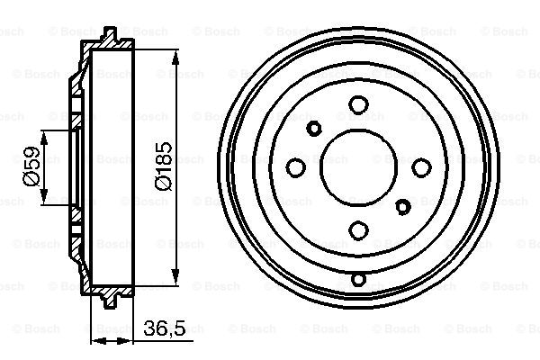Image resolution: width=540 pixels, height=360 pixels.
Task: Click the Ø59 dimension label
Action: tap(30, 167)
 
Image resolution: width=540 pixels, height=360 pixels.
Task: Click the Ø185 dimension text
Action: tap(164, 167)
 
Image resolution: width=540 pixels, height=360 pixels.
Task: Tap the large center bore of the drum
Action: tap(358, 167)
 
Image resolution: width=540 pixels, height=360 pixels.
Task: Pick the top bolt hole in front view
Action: tap(358, 106)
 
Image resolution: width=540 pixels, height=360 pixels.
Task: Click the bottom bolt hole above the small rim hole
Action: tap(358, 230)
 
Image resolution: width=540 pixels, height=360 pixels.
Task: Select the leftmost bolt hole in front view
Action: tap(295, 167)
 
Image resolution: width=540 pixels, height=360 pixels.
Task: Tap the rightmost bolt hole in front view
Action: tap(420, 167)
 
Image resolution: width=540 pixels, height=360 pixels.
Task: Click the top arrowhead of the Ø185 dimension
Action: tap(181, 49)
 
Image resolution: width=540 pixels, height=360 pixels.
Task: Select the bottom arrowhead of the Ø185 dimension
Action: tap(181, 285)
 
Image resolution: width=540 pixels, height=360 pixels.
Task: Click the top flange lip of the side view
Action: tap(111, 37)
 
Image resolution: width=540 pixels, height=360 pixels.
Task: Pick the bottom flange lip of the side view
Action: tap(111, 297)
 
